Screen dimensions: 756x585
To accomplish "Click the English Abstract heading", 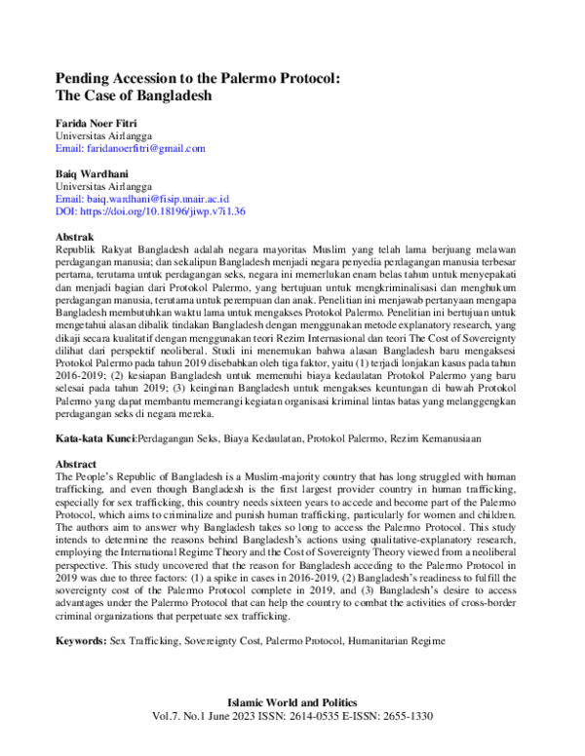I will tap(77, 466).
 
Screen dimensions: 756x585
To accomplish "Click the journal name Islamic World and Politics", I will tap(292, 702).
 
